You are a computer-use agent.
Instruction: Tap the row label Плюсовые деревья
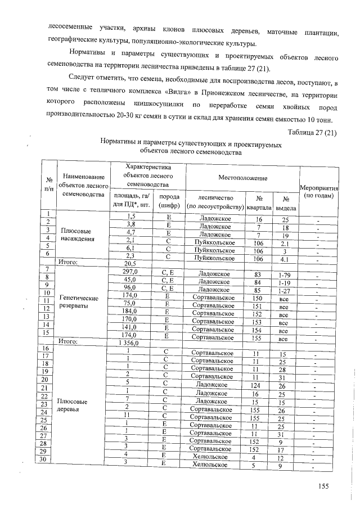[x=71, y=406]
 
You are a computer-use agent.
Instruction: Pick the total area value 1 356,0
[x=129, y=342]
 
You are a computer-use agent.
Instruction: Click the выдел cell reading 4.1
[x=285, y=259]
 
